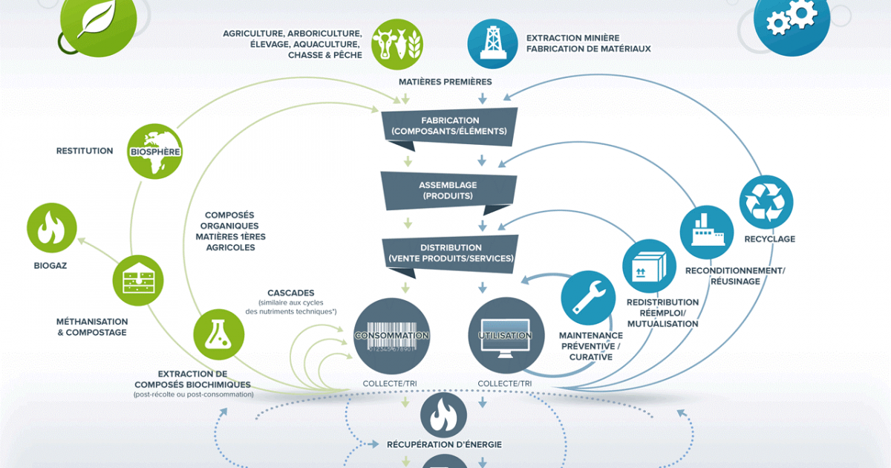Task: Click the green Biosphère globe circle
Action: pyautogui.click(x=154, y=152)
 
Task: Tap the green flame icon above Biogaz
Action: pyautogui.click(x=52, y=227)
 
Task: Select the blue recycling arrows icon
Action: pyautogui.click(x=766, y=202)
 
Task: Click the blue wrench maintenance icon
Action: pyautogui.click(x=588, y=298)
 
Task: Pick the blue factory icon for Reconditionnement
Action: pyautogui.click(x=707, y=233)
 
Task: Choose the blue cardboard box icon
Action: pyautogui.click(x=649, y=266)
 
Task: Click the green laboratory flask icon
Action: pyautogui.click(x=219, y=335)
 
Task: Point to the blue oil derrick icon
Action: pyautogui.click(x=492, y=44)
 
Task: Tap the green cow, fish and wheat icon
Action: pyautogui.click(x=397, y=44)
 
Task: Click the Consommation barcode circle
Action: pyautogui.click(x=392, y=336)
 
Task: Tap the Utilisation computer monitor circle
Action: pyautogui.click(x=506, y=336)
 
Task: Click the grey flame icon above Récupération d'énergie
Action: pyautogui.click(x=443, y=415)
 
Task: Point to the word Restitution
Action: pyautogui.click(x=85, y=151)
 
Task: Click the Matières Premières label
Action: pyautogui.click(x=445, y=82)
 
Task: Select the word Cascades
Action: pyautogui.click(x=291, y=293)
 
